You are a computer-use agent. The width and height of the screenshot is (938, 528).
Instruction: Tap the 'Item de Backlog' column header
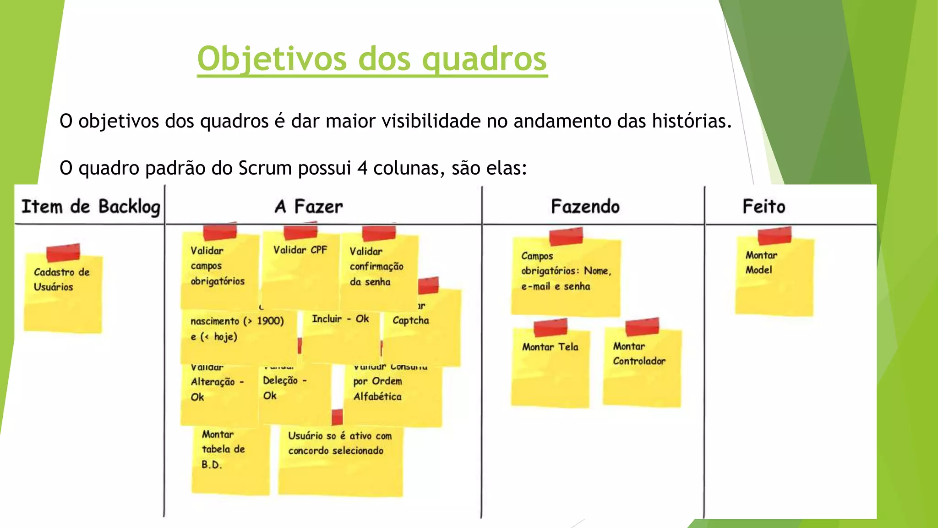[x=91, y=207]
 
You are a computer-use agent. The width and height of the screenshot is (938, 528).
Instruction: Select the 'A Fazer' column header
[x=309, y=207]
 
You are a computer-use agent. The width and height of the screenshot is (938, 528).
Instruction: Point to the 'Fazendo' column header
[x=585, y=207]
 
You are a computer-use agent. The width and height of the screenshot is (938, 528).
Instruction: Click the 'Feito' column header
[x=763, y=207]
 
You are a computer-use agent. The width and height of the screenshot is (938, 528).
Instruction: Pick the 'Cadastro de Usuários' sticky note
[x=63, y=293]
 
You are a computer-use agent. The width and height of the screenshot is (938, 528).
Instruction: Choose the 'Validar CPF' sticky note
[x=300, y=270]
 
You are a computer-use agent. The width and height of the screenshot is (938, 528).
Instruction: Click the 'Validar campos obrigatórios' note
[x=219, y=270]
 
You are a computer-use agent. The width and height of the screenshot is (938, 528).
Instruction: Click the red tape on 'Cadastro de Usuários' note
[x=63, y=253]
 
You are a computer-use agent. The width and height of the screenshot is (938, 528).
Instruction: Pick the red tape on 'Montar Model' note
[x=774, y=236]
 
